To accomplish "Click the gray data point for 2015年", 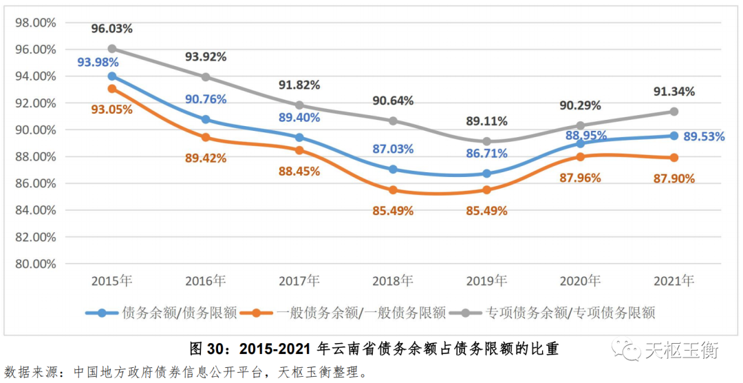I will (x=111, y=49).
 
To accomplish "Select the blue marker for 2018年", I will (x=393, y=169).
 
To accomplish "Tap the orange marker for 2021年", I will (x=674, y=158).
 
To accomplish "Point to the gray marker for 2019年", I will (x=487, y=141).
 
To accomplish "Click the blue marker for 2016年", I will (x=206, y=119).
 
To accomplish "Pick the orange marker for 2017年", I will (x=299, y=150).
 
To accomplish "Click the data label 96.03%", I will (x=111, y=29).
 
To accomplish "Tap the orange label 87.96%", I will (x=579, y=178).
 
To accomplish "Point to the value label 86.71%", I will (x=486, y=154).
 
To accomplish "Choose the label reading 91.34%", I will (x=674, y=92).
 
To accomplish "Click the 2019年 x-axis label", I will (x=486, y=281).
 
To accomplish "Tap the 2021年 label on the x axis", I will (x=674, y=281).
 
